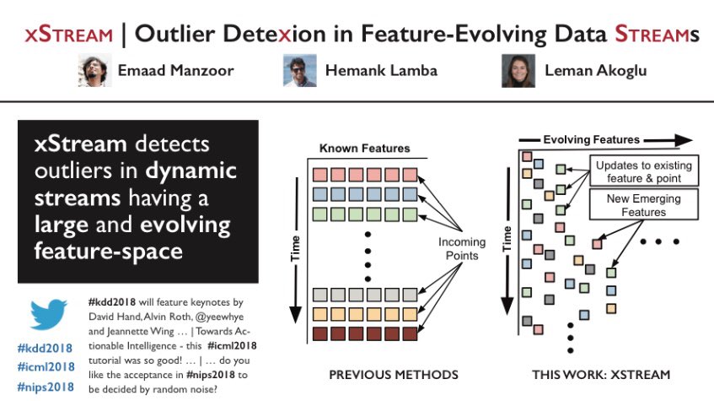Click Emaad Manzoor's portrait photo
pos(94,71)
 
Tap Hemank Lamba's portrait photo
pos(299,71)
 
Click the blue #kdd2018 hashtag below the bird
pos(45,348)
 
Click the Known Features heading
pos(364,149)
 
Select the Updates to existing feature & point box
pos(645,171)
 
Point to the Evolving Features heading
pos(591,139)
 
